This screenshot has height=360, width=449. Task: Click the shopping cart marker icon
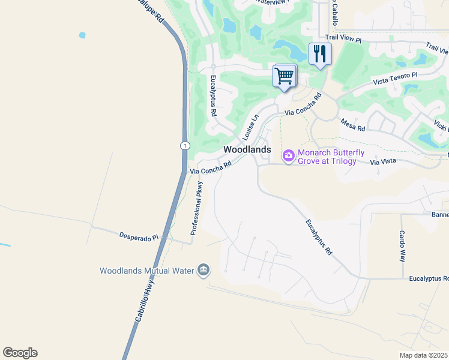tap(284, 76)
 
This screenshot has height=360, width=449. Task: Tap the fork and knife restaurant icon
tap(320, 55)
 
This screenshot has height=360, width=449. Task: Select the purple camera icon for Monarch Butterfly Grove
tap(289, 156)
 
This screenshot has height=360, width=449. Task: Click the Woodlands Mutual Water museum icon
tap(203, 270)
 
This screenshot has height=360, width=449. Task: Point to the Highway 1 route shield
tap(185, 145)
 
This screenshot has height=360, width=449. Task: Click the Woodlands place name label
tap(247, 149)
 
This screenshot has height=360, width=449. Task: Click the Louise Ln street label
tap(251, 125)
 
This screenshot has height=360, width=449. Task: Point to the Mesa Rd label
tap(352, 125)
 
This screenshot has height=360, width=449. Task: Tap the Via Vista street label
tap(384, 162)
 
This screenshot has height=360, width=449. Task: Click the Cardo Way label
tap(402, 247)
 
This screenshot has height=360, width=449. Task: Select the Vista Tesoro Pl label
tap(395, 78)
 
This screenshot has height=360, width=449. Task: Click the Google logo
tap(20, 353)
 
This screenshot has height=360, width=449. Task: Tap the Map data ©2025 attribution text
tap(424, 355)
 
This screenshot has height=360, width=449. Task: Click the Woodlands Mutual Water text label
tap(146, 271)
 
